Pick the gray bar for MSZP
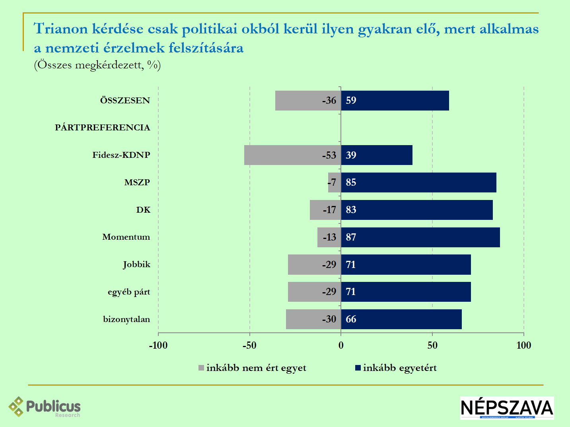pos(333,182)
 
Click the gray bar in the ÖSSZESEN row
pos(298,101)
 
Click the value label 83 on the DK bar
pos(351,210)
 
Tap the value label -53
pos(329,155)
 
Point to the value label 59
pos(351,101)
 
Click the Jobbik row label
pos(136,264)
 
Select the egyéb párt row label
pos(129,292)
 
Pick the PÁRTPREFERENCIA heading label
pos(103,128)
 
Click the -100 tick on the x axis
pos(158,345)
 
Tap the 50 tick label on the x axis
pos(432,345)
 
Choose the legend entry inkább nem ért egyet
pos(253,368)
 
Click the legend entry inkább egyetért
pos(396,368)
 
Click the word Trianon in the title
pos(60,29)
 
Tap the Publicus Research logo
pos(45,407)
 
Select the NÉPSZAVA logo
pos(507,408)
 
